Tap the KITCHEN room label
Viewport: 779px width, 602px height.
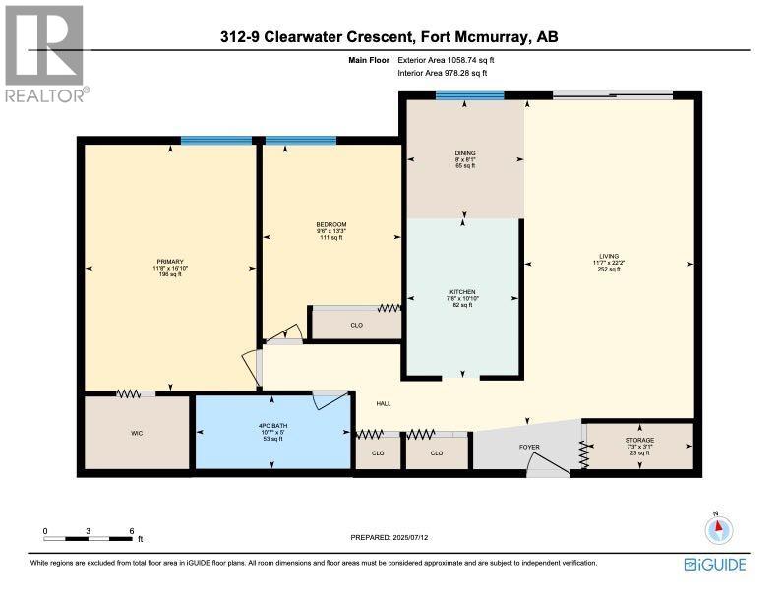[x=462, y=292]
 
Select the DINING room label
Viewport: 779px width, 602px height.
[x=465, y=153]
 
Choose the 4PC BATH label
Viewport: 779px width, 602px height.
[x=272, y=427]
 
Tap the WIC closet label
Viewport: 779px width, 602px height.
[x=137, y=432]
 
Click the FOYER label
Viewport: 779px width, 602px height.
[x=529, y=447]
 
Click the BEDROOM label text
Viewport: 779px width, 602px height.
[x=330, y=225]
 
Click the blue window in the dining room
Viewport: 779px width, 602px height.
[x=469, y=95]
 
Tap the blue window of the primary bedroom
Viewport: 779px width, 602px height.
[x=215, y=141]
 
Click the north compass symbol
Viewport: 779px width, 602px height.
[x=719, y=529]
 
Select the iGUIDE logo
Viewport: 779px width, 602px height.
[x=715, y=565]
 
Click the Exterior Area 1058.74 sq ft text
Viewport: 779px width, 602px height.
[x=457, y=61]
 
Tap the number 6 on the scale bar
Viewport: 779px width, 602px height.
[x=132, y=531]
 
